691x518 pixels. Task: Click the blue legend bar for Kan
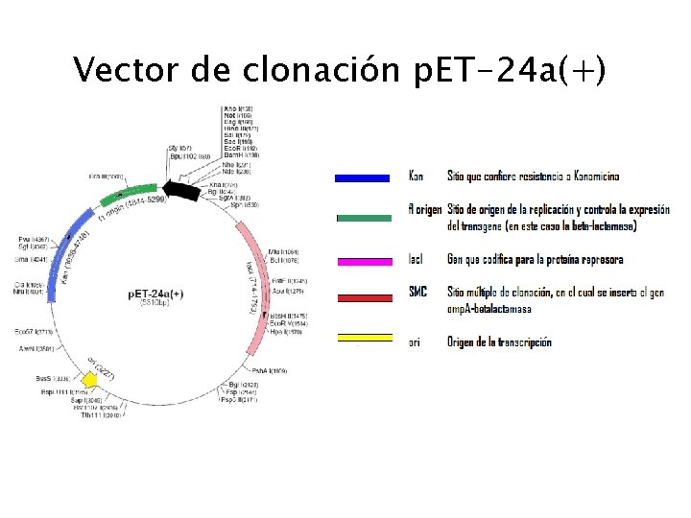pos(362,177)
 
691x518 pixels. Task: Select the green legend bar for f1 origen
pos(362,218)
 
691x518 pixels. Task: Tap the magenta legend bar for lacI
pos(362,260)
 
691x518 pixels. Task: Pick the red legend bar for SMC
pos(362,298)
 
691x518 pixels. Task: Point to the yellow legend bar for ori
pos(362,337)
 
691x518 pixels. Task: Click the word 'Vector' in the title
pos(121,70)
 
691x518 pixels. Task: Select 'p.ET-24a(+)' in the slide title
pos(508,70)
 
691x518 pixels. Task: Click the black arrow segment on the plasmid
pos(178,191)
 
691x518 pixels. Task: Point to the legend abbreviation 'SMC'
pos(417,292)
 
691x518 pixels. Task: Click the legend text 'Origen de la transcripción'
pos(499,341)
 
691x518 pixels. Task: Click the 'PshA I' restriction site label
pos(269,370)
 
